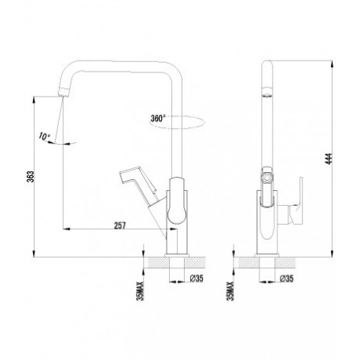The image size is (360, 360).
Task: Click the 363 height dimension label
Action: [31, 176]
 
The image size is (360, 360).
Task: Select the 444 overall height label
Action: [329, 159]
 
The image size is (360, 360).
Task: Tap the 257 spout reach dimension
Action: [119, 226]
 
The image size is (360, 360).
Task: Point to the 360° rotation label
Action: [158, 119]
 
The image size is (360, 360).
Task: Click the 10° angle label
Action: [44, 136]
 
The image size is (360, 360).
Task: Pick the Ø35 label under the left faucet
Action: [197, 278]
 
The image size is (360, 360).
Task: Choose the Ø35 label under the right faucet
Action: [287, 278]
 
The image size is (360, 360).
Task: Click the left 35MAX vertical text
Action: [141, 291]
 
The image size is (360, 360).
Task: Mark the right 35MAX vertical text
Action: [231, 291]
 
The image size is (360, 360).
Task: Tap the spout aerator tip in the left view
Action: [64, 92]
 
